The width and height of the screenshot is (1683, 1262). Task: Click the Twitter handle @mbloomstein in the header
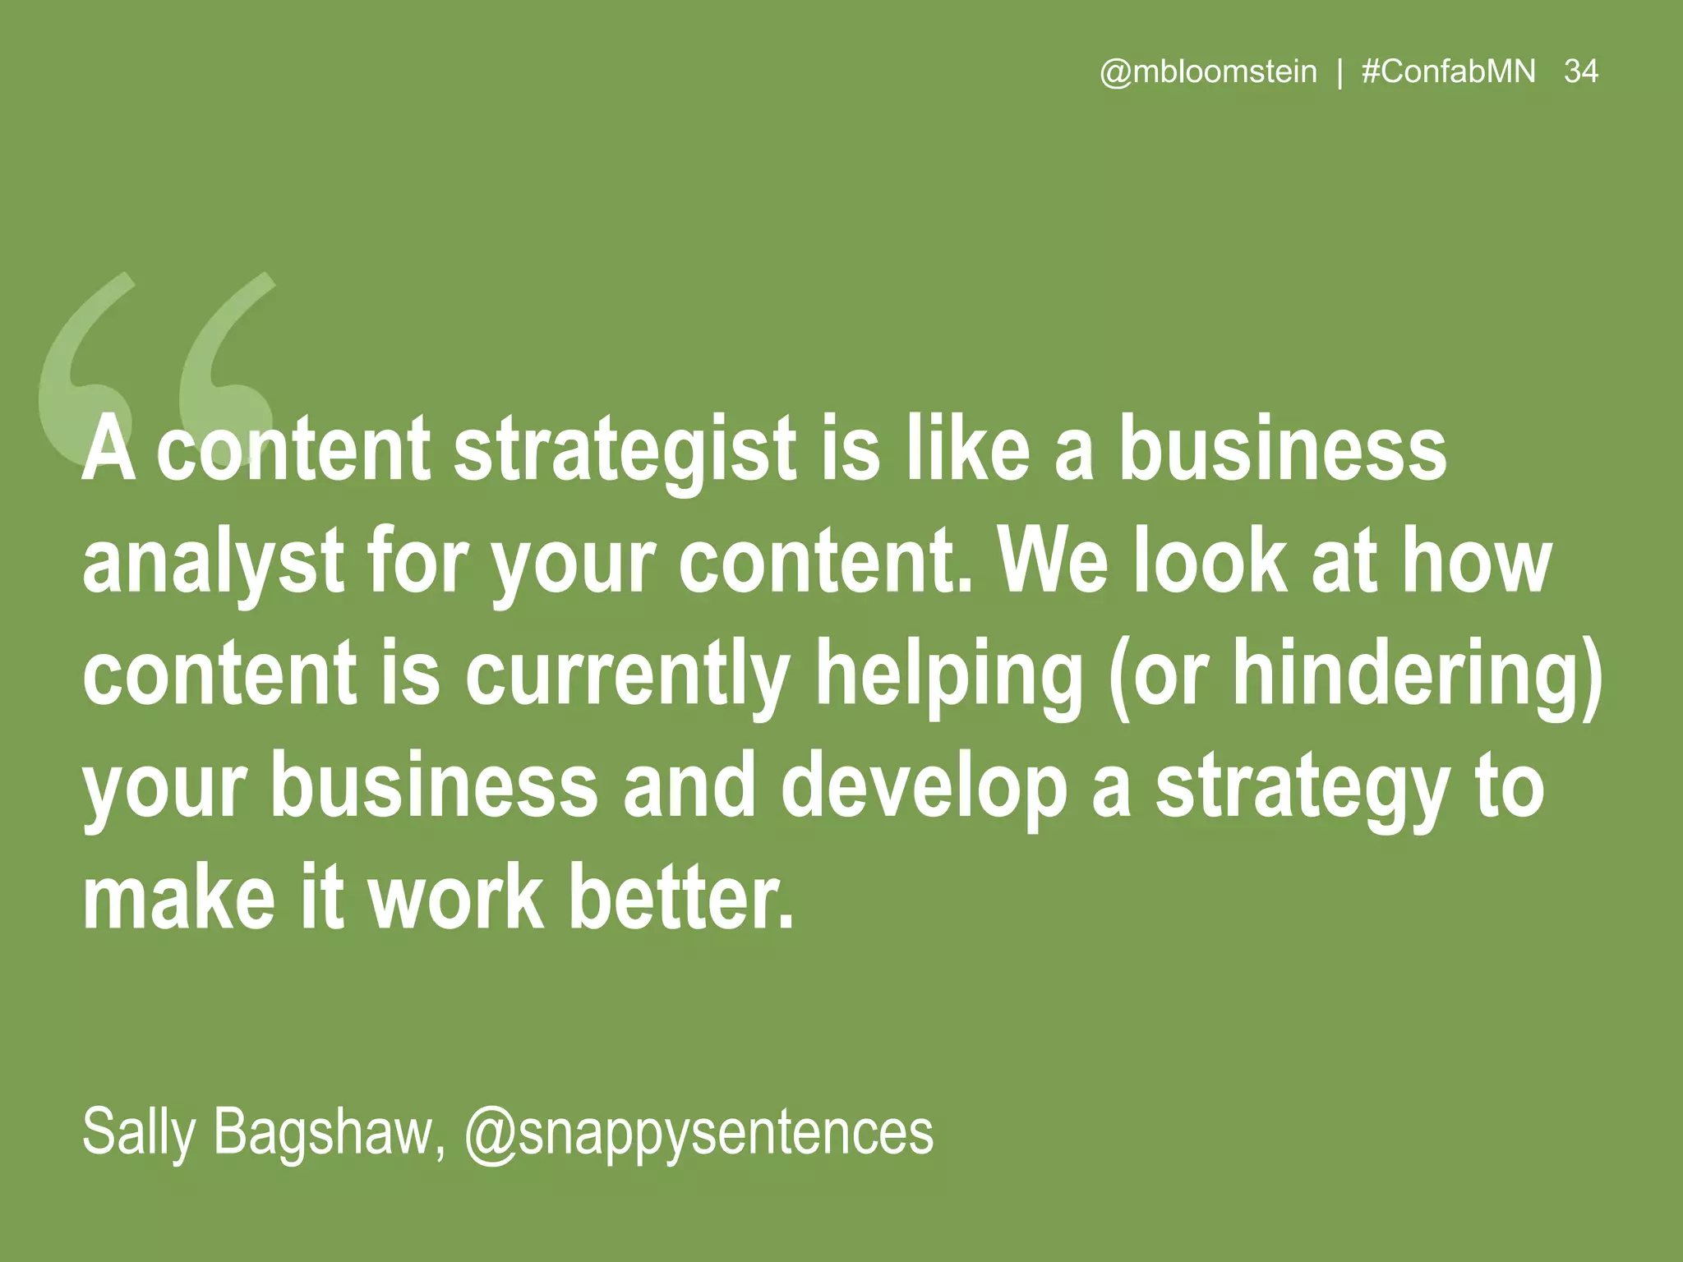1208,72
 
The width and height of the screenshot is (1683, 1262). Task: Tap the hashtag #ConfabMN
1448,72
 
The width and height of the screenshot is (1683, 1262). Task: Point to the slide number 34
1581,72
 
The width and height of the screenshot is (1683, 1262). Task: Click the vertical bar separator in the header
1340,72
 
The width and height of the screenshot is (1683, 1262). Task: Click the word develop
923,789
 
